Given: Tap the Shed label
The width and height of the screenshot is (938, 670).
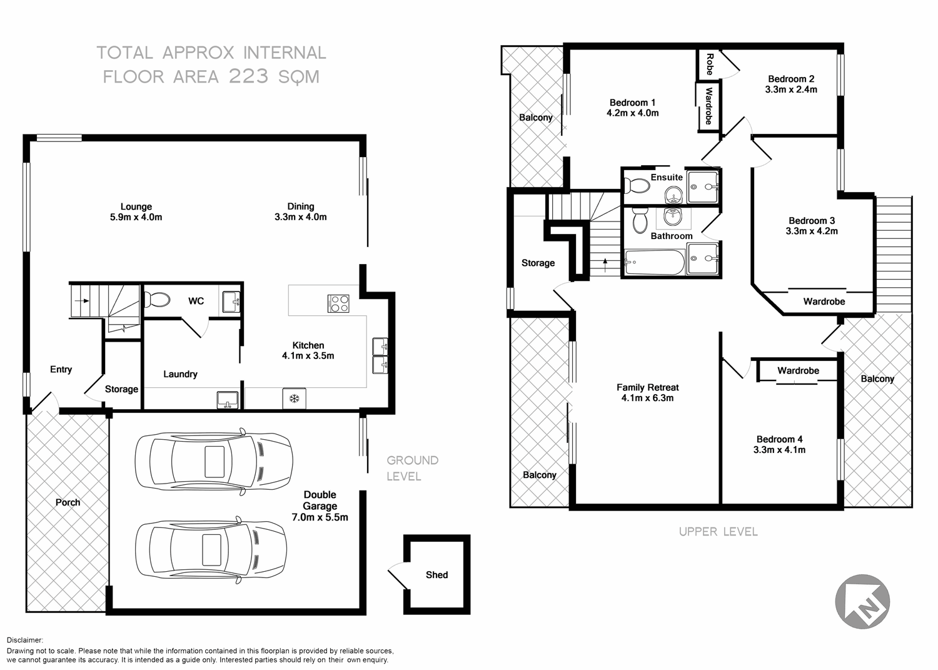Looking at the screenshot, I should (x=436, y=575).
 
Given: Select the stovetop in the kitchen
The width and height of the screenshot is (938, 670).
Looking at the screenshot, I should (x=338, y=303).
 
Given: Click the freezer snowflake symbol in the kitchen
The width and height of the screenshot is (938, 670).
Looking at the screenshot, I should (x=294, y=398).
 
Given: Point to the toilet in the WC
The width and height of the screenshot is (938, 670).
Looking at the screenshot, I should (x=156, y=300).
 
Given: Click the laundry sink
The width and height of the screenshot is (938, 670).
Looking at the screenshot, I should (x=227, y=399).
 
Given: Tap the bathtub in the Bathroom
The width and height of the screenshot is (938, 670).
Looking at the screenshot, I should (x=653, y=262).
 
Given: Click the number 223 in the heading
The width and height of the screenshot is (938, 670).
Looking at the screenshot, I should (x=248, y=76).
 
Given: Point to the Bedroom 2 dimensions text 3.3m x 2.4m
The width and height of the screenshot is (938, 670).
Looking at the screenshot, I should (x=791, y=89).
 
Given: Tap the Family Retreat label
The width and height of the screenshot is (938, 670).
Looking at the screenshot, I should (x=647, y=387).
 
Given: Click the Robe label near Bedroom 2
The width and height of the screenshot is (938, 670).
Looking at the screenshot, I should (x=709, y=64).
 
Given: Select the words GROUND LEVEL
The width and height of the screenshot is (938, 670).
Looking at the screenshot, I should (x=412, y=468).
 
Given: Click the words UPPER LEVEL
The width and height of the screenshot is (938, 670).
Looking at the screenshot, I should (x=718, y=532).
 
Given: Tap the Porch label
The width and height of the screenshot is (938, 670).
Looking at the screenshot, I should (x=68, y=502).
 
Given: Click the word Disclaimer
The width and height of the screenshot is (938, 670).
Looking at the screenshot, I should (x=25, y=640).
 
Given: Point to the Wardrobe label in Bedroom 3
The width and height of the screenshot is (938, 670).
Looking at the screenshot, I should (x=824, y=302).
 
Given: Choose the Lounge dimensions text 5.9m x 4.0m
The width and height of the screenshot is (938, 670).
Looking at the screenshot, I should (x=136, y=217).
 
